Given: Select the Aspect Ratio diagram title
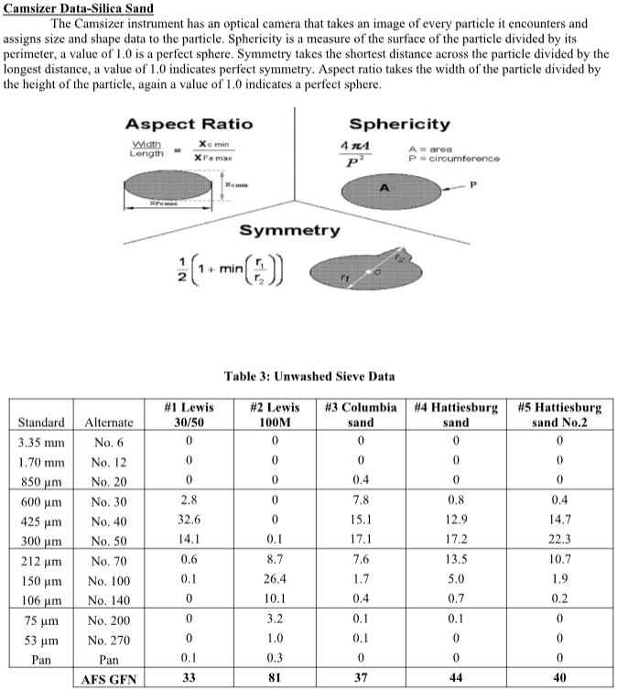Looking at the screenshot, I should pyautogui.click(x=189, y=125).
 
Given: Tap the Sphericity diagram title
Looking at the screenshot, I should pyautogui.click(x=399, y=125).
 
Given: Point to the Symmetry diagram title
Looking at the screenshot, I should pyautogui.click(x=289, y=229).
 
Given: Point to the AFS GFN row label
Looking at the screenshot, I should pyautogui.click(x=109, y=679).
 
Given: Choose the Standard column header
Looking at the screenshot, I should pyautogui.click(x=41, y=422).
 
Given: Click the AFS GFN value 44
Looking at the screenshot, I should pyautogui.click(x=455, y=679).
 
